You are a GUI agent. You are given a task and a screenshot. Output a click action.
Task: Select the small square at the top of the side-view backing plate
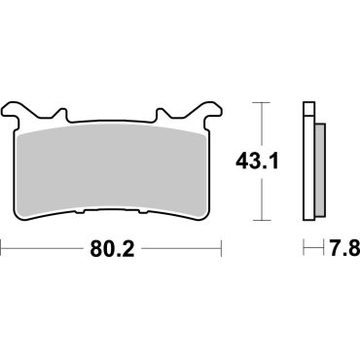coord(308,107)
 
